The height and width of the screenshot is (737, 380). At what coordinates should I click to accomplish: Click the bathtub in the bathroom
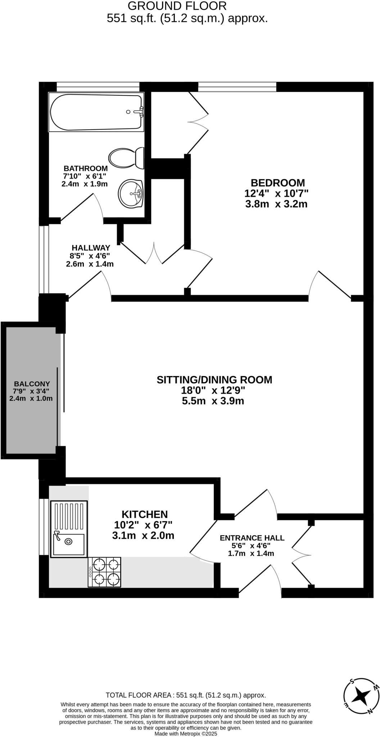[x=96, y=112]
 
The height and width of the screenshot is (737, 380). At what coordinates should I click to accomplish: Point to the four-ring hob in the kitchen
[x=104, y=572]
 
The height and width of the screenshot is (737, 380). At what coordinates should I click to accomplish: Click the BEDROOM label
[x=277, y=183]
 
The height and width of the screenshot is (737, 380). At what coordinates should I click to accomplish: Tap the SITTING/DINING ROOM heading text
[x=214, y=380]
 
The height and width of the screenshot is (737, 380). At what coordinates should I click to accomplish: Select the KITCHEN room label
[x=144, y=514]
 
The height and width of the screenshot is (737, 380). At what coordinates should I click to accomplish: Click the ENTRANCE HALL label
[x=252, y=538]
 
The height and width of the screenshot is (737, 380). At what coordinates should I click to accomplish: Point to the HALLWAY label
[x=91, y=248]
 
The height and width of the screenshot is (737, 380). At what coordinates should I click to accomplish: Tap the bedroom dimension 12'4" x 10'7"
[x=276, y=194]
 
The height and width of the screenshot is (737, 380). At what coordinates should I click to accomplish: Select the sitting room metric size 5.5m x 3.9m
[x=213, y=401]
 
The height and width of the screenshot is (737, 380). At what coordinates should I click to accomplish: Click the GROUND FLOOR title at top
[x=177, y=6]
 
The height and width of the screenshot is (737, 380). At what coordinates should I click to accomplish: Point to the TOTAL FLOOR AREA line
[x=186, y=695]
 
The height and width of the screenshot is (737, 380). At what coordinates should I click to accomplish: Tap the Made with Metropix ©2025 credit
[x=186, y=733]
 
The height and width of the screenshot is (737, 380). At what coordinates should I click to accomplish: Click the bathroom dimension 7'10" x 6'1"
[x=85, y=176]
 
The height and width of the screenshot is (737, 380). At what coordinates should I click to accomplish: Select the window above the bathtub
[x=98, y=86]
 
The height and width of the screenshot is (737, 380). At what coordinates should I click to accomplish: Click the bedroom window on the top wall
[x=237, y=86]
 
